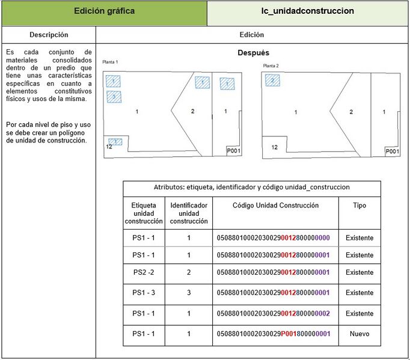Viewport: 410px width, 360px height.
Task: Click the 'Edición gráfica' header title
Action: (x=104, y=11)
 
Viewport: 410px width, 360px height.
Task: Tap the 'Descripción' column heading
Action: (x=49, y=35)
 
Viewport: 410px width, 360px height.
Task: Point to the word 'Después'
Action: (x=253, y=53)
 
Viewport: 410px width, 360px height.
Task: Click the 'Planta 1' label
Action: (x=111, y=63)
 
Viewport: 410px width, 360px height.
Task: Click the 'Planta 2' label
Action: (x=271, y=65)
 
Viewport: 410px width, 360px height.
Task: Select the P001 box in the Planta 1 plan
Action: (x=233, y=151)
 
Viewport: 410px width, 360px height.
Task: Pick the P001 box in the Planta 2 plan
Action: (x=392, y=152)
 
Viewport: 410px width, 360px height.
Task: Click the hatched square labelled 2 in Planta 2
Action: (x=272, y=81)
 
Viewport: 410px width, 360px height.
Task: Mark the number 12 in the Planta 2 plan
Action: (x=275, y=147)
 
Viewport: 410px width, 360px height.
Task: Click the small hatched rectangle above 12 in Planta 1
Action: (x=115, y=142)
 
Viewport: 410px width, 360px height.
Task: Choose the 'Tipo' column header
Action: (x=360, y=206)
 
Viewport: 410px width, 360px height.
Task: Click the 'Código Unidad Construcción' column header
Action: (x=276, y=206)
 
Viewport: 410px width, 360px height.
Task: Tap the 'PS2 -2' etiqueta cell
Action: (x=144, y=272)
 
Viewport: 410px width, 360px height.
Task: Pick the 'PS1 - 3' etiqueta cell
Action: (x=144, y=293)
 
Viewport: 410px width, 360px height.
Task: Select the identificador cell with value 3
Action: (x=188, y=293)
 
